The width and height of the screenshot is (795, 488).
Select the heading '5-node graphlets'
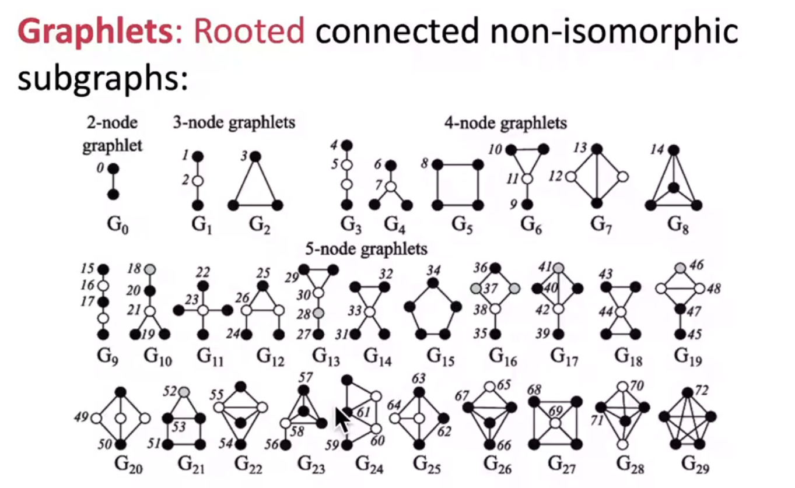(366, 249)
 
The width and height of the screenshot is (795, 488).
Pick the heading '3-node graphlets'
(233, 122)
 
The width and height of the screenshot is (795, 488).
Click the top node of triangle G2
(255, 156)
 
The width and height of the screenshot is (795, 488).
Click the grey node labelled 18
(150, 269)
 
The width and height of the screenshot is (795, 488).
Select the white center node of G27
(555, 422)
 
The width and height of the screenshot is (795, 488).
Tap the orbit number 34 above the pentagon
(432, 271)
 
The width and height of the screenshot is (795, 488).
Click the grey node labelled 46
(680, 268)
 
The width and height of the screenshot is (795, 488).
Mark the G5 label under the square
(457, 224)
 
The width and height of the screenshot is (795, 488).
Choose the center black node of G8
(674, 188)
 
